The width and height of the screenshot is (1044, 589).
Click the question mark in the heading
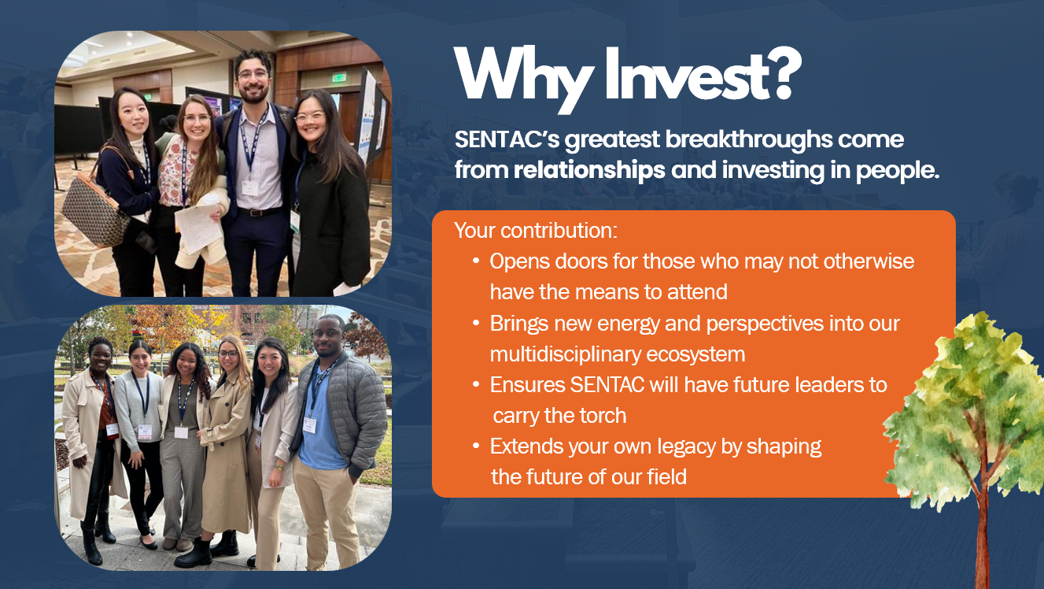(785, 72)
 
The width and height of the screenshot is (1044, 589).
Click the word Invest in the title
(687, 74)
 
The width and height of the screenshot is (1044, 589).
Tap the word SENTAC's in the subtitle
(507, 139)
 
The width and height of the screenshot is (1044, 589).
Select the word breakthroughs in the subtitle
(748, 139)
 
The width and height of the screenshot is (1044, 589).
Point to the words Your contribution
(536, 231)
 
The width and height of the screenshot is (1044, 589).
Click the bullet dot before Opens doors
(476, 261)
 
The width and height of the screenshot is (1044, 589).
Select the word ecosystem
(695, 355)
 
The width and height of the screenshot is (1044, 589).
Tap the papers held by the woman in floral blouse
(197, 229)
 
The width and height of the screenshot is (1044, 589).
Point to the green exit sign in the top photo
(339, 78)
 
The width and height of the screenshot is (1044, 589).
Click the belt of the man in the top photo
(259, 212)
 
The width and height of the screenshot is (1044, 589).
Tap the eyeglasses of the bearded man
(253, 74)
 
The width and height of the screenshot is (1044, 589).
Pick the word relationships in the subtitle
(589, 170)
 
